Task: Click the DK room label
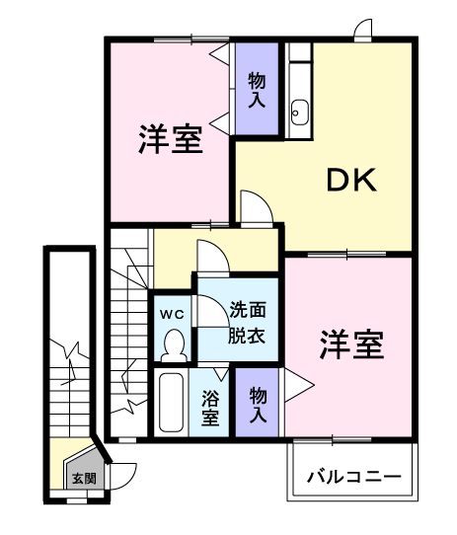(350, 180)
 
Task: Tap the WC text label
(173, 314)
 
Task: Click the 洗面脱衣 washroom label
(247, 322)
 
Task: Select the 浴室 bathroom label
(210, 407)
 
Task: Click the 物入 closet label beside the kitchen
(256, 91)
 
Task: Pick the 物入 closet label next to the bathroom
(258, 404)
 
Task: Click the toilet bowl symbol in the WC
(174, 345)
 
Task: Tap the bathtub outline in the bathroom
(172, 403)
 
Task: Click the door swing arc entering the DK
(253, 206)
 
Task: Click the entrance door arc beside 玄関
(120, 476)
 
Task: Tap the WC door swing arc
(209, 311)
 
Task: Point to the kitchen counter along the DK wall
(300, 84)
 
